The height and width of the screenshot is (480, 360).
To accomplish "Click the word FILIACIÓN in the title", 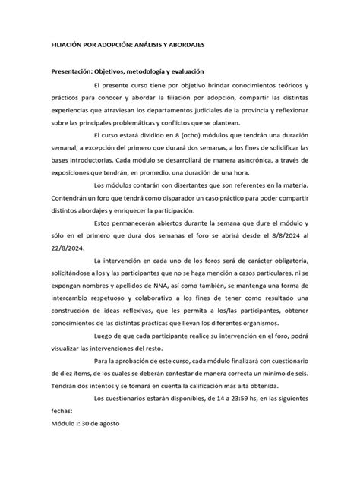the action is pos(68,45).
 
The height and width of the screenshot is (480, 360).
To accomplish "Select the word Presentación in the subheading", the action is pos(73,71).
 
